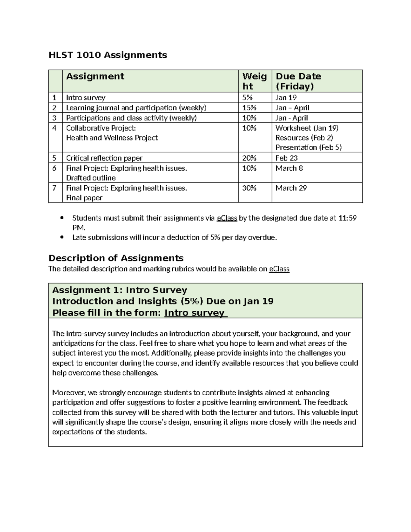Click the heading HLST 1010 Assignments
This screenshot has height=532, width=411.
pyautogui.click(x=108, y=55)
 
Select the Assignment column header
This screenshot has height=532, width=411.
pyautogui.click(x=95, y=76)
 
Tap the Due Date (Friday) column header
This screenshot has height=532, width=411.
pyautogui.click(x=298, y=81)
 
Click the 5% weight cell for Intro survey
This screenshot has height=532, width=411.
pyautogui.click(x=247, y=98)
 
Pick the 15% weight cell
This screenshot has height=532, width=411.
pyautogui.click(x=249, y=108)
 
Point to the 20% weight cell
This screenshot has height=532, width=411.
pyautogui.click(x=249, y=158)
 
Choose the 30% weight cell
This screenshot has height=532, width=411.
pyautogui.click(x=249, y=188)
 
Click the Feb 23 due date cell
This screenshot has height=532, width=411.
pyautogui.click(x=286, y=158)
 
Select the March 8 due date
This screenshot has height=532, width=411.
pyautogui.click(x=289, y=168)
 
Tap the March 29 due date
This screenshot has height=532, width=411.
pyautogui.click(x=291, y=188)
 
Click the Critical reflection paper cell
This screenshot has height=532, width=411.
pyautogui.click(x=104, y=158)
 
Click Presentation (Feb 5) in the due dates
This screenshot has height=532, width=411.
pyautogui.click(x=308, y=147)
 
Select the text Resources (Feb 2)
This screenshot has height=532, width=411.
pyautogui.click(x=304, y=138)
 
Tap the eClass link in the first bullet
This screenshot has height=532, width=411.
pyautogui.click(x=227, y=218)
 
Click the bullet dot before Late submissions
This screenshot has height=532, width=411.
pyautogui.click(x=62, y=237)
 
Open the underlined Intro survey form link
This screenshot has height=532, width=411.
pyautogui.click(x=195, y=313)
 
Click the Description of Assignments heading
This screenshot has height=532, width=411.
pyautogui.click(x=116, y=258)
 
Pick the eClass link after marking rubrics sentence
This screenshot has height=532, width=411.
pyautogui.click(x=279, y=269)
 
